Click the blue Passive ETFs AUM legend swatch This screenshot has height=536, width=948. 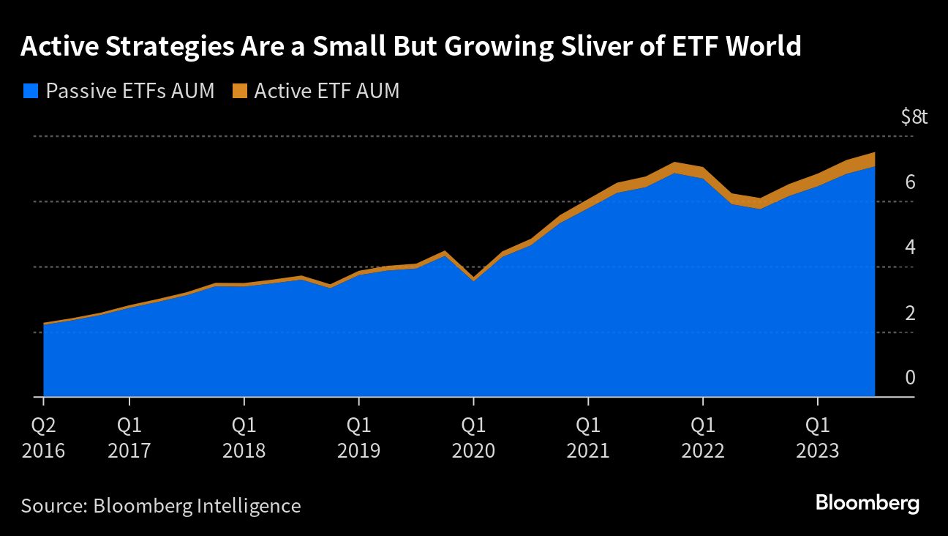point(30,92)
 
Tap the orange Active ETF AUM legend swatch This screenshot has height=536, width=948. point(239,92)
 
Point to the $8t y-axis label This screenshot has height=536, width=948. point(914,116)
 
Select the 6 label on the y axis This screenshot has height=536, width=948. point(910,182)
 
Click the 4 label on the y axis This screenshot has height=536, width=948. point(910,247)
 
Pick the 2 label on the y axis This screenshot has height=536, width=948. point(910,313)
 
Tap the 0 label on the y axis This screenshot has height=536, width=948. point(910,378)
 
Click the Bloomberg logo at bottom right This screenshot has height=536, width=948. point(867,504)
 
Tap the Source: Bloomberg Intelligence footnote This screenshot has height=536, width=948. point(161,505)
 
